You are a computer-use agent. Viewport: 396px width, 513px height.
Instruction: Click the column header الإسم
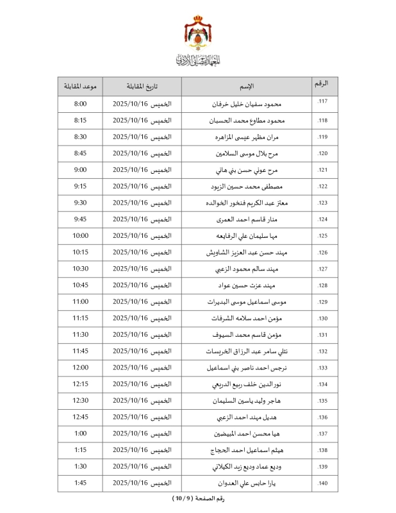click(247, 87)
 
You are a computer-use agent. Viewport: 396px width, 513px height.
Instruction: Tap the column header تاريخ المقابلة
click(142, 87)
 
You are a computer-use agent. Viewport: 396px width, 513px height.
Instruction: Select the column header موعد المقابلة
click(81, 87)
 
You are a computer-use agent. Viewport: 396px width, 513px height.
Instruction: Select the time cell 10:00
click(81, 236)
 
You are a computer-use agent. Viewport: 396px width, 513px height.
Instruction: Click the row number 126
click(323, 253)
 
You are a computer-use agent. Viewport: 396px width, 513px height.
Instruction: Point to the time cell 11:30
click(81, 335)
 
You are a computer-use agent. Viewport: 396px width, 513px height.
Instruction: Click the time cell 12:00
click(81, 367)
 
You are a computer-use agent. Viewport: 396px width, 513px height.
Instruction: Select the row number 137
click(323, 434)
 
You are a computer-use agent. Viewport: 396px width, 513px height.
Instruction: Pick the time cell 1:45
click(81, 484)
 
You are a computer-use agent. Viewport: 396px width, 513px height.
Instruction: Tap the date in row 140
click(142, 484)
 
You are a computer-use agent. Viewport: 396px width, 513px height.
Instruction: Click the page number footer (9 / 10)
click(198, 499)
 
